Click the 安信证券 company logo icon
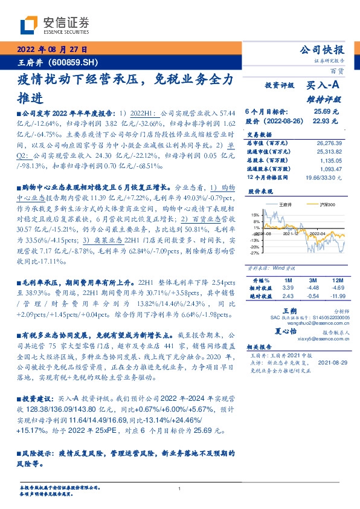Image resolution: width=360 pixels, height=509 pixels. coord(29,25)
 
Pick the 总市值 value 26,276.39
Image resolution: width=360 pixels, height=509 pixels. coord(328,143)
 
